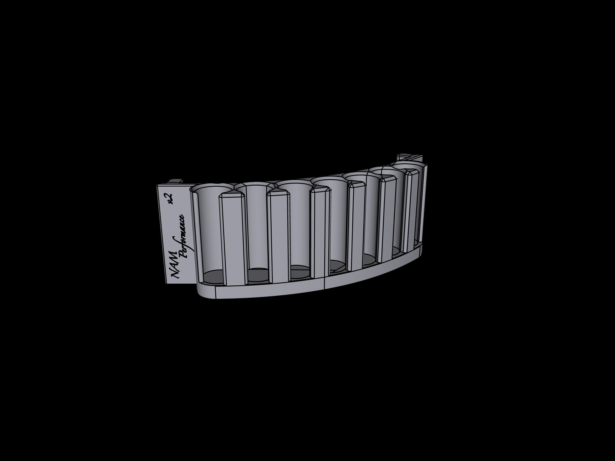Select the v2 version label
click(170, 199)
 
